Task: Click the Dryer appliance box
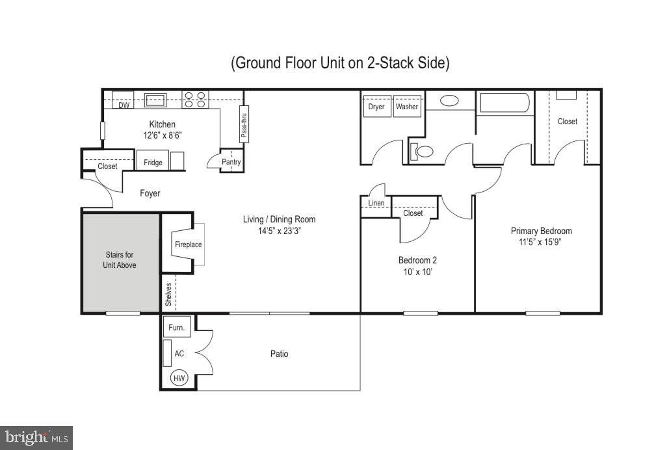(376, 107)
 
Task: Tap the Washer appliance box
(407, 107)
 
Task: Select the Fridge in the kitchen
(153, 161)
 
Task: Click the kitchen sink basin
(156, 100)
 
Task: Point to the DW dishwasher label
(124, 105)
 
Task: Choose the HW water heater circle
(178, 378)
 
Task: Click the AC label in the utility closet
(179, 354)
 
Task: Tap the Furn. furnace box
(176, 328)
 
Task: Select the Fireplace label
(188, 245)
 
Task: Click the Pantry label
(231, 162)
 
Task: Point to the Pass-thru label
(244, 123)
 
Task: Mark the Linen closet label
(376, 203)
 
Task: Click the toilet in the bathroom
(423, 152)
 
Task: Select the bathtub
(504, 103)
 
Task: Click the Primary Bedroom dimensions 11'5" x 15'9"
(541, 243)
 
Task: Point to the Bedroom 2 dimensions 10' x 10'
(417, 272)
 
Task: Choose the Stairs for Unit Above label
(120, 260)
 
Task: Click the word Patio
(279, 354)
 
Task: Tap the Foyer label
(150, 193)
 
